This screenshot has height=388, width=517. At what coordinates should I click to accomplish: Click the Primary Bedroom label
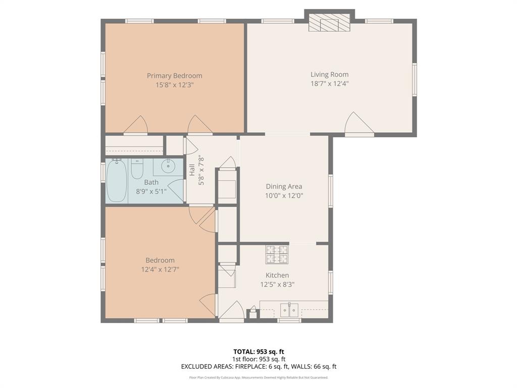pos(174,76)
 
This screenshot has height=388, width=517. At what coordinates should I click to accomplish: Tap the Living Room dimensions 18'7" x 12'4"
pos(329,83)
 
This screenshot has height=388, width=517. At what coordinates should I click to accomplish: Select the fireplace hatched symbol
pos(329,23)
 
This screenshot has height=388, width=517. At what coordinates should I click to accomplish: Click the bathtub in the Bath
pos(117,181)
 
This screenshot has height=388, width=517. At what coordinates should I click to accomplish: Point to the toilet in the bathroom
pos(137,169)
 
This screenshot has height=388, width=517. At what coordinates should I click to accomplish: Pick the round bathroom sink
pos(168,166)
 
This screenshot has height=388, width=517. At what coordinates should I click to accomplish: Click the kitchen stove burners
pos(277,255)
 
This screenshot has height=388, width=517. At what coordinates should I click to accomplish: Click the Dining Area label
pos(284,186)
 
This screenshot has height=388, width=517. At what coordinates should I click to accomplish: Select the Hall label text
pos(192,170)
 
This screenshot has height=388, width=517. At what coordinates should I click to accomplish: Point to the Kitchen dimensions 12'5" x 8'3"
pos(277,284)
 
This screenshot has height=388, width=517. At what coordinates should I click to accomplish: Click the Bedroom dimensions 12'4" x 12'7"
pos(160,269)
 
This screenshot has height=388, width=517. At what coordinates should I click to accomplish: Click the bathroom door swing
pos(176,190)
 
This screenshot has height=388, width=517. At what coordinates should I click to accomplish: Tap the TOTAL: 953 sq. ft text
pos(259,352)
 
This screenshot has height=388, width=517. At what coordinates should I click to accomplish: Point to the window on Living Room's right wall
pos(415,80)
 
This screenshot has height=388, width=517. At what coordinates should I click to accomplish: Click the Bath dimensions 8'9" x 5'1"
pos(151,191)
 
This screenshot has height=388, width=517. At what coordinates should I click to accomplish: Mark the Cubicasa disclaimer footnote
pos(258,377)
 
